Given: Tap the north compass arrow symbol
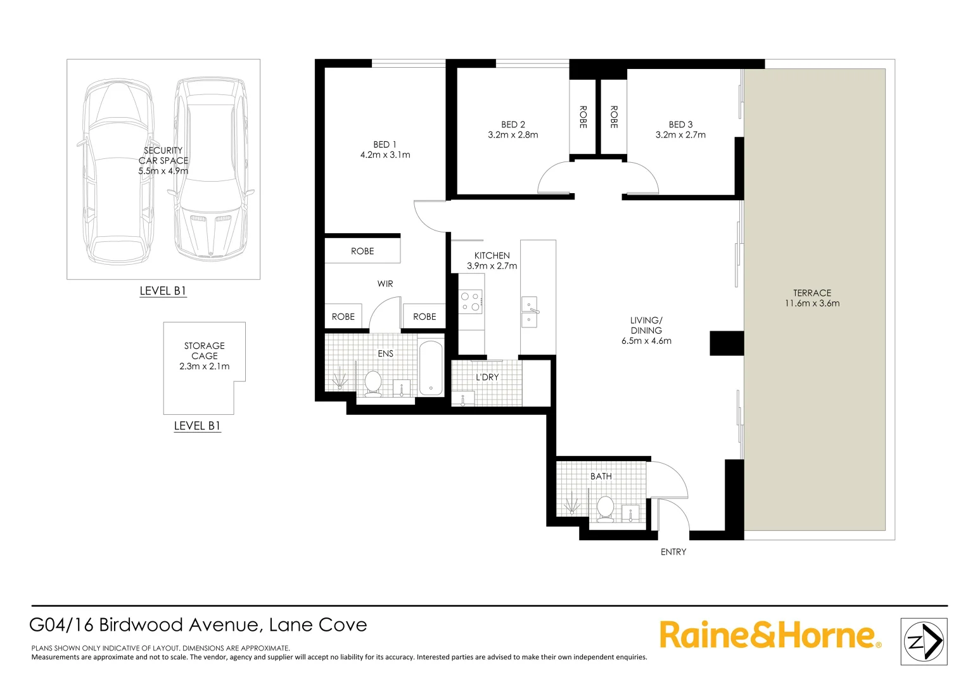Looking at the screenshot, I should pos(924,642).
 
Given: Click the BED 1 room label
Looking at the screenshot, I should pos(385,144).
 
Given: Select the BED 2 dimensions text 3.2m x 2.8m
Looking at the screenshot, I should pos(513,135).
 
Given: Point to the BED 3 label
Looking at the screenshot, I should pos(680,125).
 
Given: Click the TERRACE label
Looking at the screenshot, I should pos(812,293).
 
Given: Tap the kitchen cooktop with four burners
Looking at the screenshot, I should pos(471,301).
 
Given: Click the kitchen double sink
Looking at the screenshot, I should pos(529,312).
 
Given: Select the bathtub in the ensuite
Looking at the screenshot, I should pos(431,369).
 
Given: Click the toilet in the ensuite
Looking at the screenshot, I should pos(373,383).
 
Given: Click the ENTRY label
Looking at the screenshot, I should pos(673,552).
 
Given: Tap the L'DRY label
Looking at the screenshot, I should pos(487,377).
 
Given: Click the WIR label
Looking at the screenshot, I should pos(385,284).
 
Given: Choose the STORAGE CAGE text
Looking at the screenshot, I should pos(204,351).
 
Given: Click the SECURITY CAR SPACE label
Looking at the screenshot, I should pos(163,155).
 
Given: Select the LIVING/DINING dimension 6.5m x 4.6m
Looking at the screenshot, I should pos(646,341).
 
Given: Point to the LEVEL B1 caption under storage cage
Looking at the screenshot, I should pos(197,426).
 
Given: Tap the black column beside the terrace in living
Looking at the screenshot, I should pos(726,343).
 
